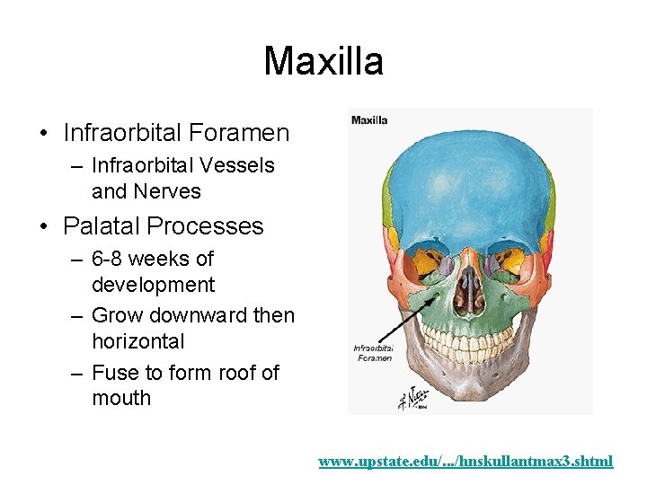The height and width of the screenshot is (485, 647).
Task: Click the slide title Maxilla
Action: [323, 61]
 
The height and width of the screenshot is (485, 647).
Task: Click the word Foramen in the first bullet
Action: [245, 134]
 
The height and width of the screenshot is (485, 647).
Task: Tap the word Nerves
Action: [167, 191]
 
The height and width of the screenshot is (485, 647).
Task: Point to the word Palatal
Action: [102, 225]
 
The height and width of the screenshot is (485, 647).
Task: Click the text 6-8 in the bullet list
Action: [111, 259]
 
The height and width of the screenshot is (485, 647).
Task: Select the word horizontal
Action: [137, 341]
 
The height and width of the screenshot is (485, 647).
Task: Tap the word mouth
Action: [121, 398]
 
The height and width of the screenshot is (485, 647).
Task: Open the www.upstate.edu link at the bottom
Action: [465, 462]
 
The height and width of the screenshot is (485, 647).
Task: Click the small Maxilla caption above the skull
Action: [369, 119]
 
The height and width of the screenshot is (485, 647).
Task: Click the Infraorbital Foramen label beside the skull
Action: [372, 353]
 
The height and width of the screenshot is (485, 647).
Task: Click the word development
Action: [153, 285]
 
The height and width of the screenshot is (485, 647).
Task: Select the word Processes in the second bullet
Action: [208, 225]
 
